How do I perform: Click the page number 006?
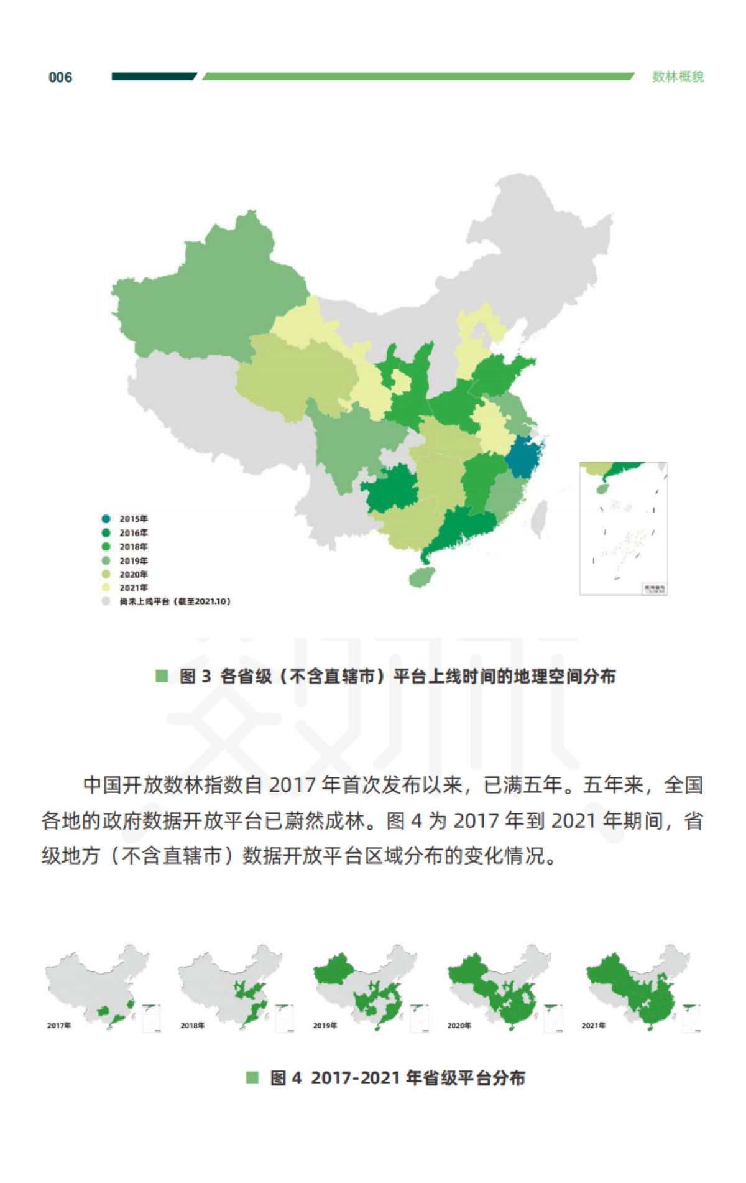pos(60,78)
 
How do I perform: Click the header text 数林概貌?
pos(678,77)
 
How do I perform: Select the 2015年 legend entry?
pos(127,519)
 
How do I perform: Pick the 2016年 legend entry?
pos(127,533)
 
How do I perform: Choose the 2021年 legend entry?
pos(127,588)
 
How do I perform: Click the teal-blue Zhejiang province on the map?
pos(523,458)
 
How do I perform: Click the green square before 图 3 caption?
pos(162,676)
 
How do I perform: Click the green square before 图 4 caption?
pos(252,1078)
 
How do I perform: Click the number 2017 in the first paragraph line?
pos(293,786)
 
